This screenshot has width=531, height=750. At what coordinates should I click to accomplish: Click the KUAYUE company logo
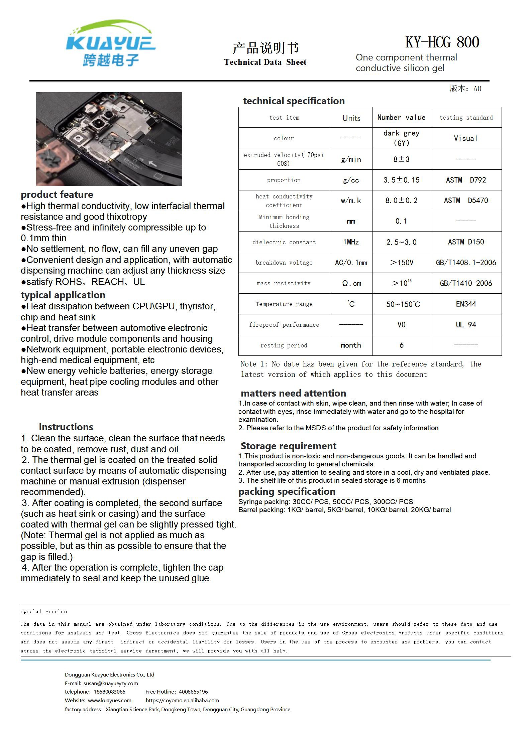coord(111,43)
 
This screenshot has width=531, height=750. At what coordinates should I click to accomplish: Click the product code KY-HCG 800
coord(442,42)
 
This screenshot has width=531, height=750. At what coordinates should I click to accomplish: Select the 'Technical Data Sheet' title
coord(265,62)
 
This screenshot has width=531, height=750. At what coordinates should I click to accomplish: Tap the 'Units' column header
coord(351,118)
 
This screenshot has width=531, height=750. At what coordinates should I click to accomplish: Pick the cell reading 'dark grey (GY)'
coord(401,138)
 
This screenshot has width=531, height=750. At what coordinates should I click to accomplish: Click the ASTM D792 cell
coord(466,180)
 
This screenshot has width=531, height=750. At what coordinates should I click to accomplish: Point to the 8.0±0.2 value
coord(401,200)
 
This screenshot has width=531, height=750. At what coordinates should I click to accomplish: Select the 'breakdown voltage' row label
coord(284,263)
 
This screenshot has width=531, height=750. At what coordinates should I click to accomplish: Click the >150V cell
coord(401,263)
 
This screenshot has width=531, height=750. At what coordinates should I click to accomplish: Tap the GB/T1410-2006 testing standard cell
coord(466,283)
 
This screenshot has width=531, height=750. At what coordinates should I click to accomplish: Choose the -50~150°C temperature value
coord(401,304)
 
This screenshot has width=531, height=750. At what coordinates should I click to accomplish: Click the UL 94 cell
coord(466,325)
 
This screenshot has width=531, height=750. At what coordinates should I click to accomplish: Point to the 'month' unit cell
coord(351,345)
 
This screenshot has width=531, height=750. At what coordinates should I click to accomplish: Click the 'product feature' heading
coord(57,194)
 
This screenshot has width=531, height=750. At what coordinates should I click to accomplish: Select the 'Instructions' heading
coord(66,427)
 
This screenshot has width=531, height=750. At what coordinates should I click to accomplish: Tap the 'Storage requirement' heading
coord(288,446)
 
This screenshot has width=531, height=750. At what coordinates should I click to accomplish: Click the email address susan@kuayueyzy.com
coord(111,683)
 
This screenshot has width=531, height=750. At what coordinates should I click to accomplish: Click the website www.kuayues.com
coord(109,700)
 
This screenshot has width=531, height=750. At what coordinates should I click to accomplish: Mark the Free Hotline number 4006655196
coord(193,692)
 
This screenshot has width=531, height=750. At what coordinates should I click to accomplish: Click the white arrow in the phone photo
coord(152,164)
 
